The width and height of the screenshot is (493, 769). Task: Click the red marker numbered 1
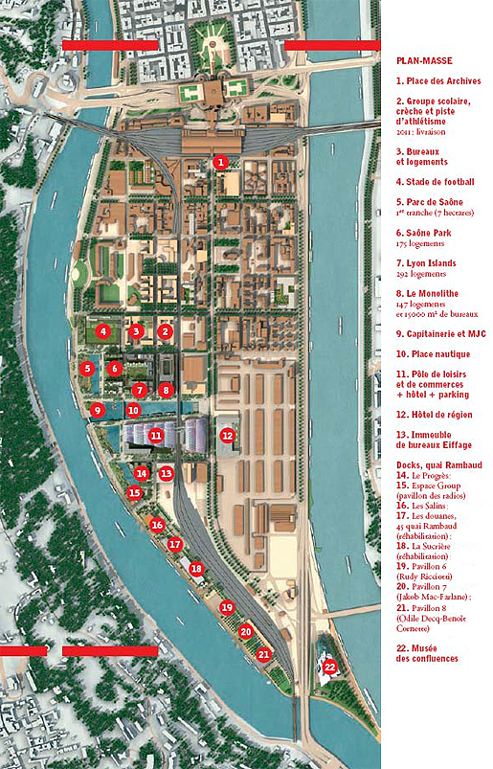click(220, 163)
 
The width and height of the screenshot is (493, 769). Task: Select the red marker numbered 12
click(227, 436)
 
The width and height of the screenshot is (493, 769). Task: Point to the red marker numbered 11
click(156, 436)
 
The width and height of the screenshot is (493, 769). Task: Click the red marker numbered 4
click(101, 331)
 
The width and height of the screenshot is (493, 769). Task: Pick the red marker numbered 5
click(87, 368)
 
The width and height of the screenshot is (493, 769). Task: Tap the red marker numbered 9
click(96, 410)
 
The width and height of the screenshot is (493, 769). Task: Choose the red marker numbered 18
click(196, 568)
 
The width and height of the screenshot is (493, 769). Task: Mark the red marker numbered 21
click(264, 654)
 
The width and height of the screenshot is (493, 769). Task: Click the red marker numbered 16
click(157, 525)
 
